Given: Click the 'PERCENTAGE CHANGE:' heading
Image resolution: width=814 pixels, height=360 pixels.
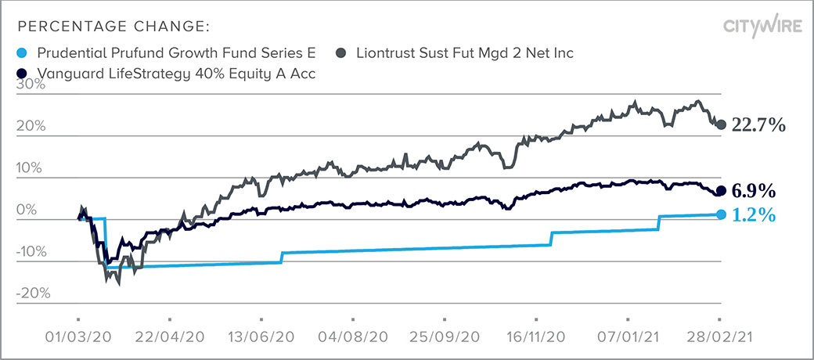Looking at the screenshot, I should pos(112,27).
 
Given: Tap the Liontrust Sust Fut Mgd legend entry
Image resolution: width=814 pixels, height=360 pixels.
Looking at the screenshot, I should pos(465,53).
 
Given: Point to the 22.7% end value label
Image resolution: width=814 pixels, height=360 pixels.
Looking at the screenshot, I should pos(758,125).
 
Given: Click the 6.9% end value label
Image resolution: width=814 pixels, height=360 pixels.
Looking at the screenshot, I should pos(753,190).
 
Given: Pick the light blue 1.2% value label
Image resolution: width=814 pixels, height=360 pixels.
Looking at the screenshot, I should pos(753,214).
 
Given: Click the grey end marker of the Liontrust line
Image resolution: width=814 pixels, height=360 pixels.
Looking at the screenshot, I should pos(722,124).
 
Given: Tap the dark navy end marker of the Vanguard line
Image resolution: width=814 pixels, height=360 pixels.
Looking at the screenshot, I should pos(721,190).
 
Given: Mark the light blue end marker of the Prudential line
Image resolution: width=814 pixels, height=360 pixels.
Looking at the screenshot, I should pos(721,214).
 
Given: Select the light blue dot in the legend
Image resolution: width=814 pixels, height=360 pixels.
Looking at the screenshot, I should pos(20,53).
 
